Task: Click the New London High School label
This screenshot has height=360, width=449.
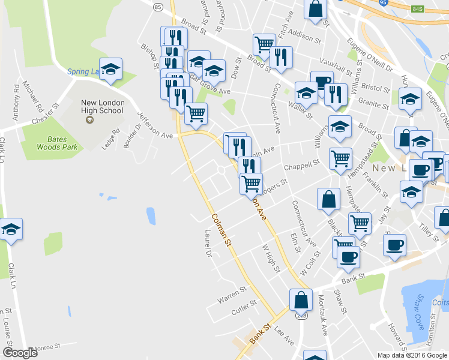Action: click(x=103, y=107)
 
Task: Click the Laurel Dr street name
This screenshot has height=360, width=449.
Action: click(x=208, y=245)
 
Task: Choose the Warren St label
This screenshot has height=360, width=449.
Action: click(x=232, y=293)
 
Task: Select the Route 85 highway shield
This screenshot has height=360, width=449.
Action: click(x=157, y=7)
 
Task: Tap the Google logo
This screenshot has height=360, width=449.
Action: click(x=20, y=353)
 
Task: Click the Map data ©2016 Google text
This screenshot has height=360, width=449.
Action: click(x=411, y=355)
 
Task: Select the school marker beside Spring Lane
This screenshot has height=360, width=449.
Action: click(x=111, y=69)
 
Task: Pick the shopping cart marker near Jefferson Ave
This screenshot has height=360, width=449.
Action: click(x=196, y=113)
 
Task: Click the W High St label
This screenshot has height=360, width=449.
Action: click(x=271, y=257)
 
